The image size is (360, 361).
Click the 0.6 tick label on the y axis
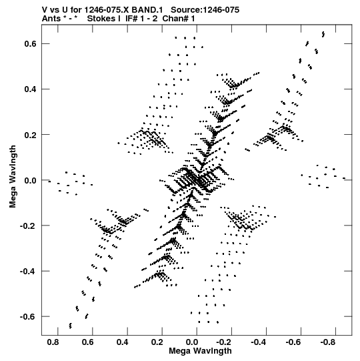(30, 43)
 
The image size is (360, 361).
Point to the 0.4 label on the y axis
(30, 89)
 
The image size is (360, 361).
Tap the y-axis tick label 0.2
(30, 134)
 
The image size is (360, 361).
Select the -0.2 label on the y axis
(28, 226)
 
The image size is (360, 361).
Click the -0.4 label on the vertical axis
(28, 271)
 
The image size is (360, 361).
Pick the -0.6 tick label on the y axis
(28, 316)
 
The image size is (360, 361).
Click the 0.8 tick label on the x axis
(53, 342)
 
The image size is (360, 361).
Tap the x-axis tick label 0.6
(87, 342)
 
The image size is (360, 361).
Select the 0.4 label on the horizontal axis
(122, 342)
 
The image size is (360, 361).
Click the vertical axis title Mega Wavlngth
(13, 177)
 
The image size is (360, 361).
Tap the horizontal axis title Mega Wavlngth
(200, 351)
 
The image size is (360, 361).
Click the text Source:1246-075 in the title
(205, 10)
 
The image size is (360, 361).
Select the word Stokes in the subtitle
(102, 19)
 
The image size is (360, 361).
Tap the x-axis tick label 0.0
(191, 342)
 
